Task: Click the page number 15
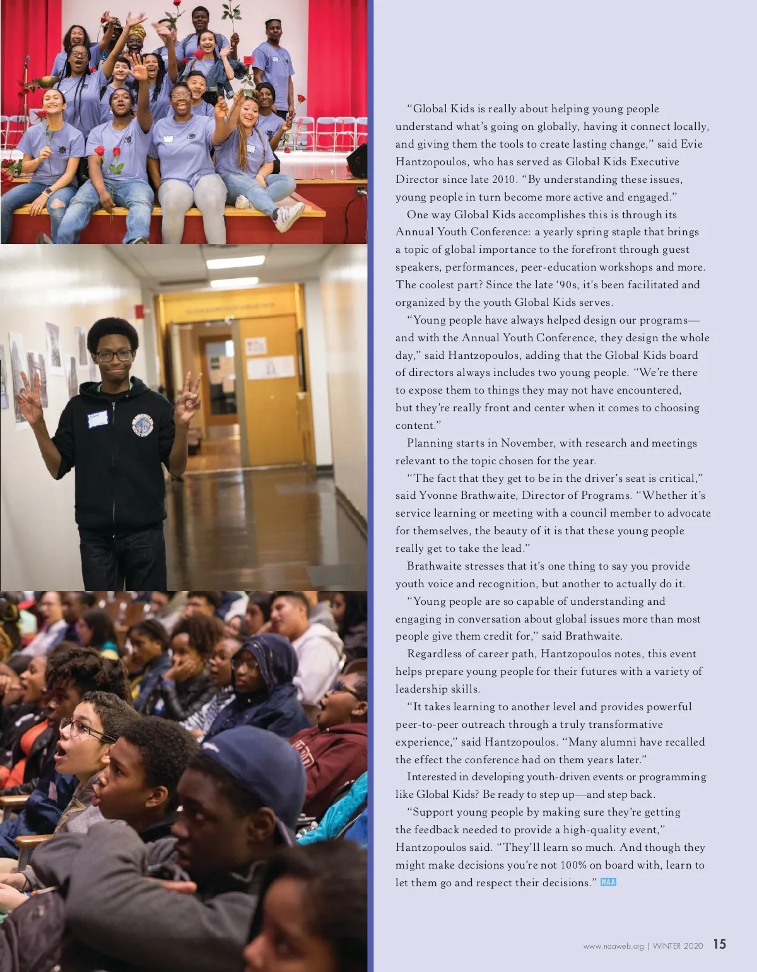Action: coord(719,944)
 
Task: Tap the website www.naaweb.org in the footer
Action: coord(613,946)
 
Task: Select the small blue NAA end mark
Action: coord(608,882)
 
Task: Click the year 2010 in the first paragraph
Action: coord(503,179)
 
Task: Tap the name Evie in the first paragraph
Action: coord(691,144)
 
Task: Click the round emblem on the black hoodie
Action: coord(143,425)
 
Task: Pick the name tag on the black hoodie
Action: coord(98,419)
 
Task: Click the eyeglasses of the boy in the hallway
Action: coord(114,356)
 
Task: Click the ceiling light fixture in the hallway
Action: coord(235,261)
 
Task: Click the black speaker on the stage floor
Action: coord(357,161)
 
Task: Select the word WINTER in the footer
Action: coord(667,946)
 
